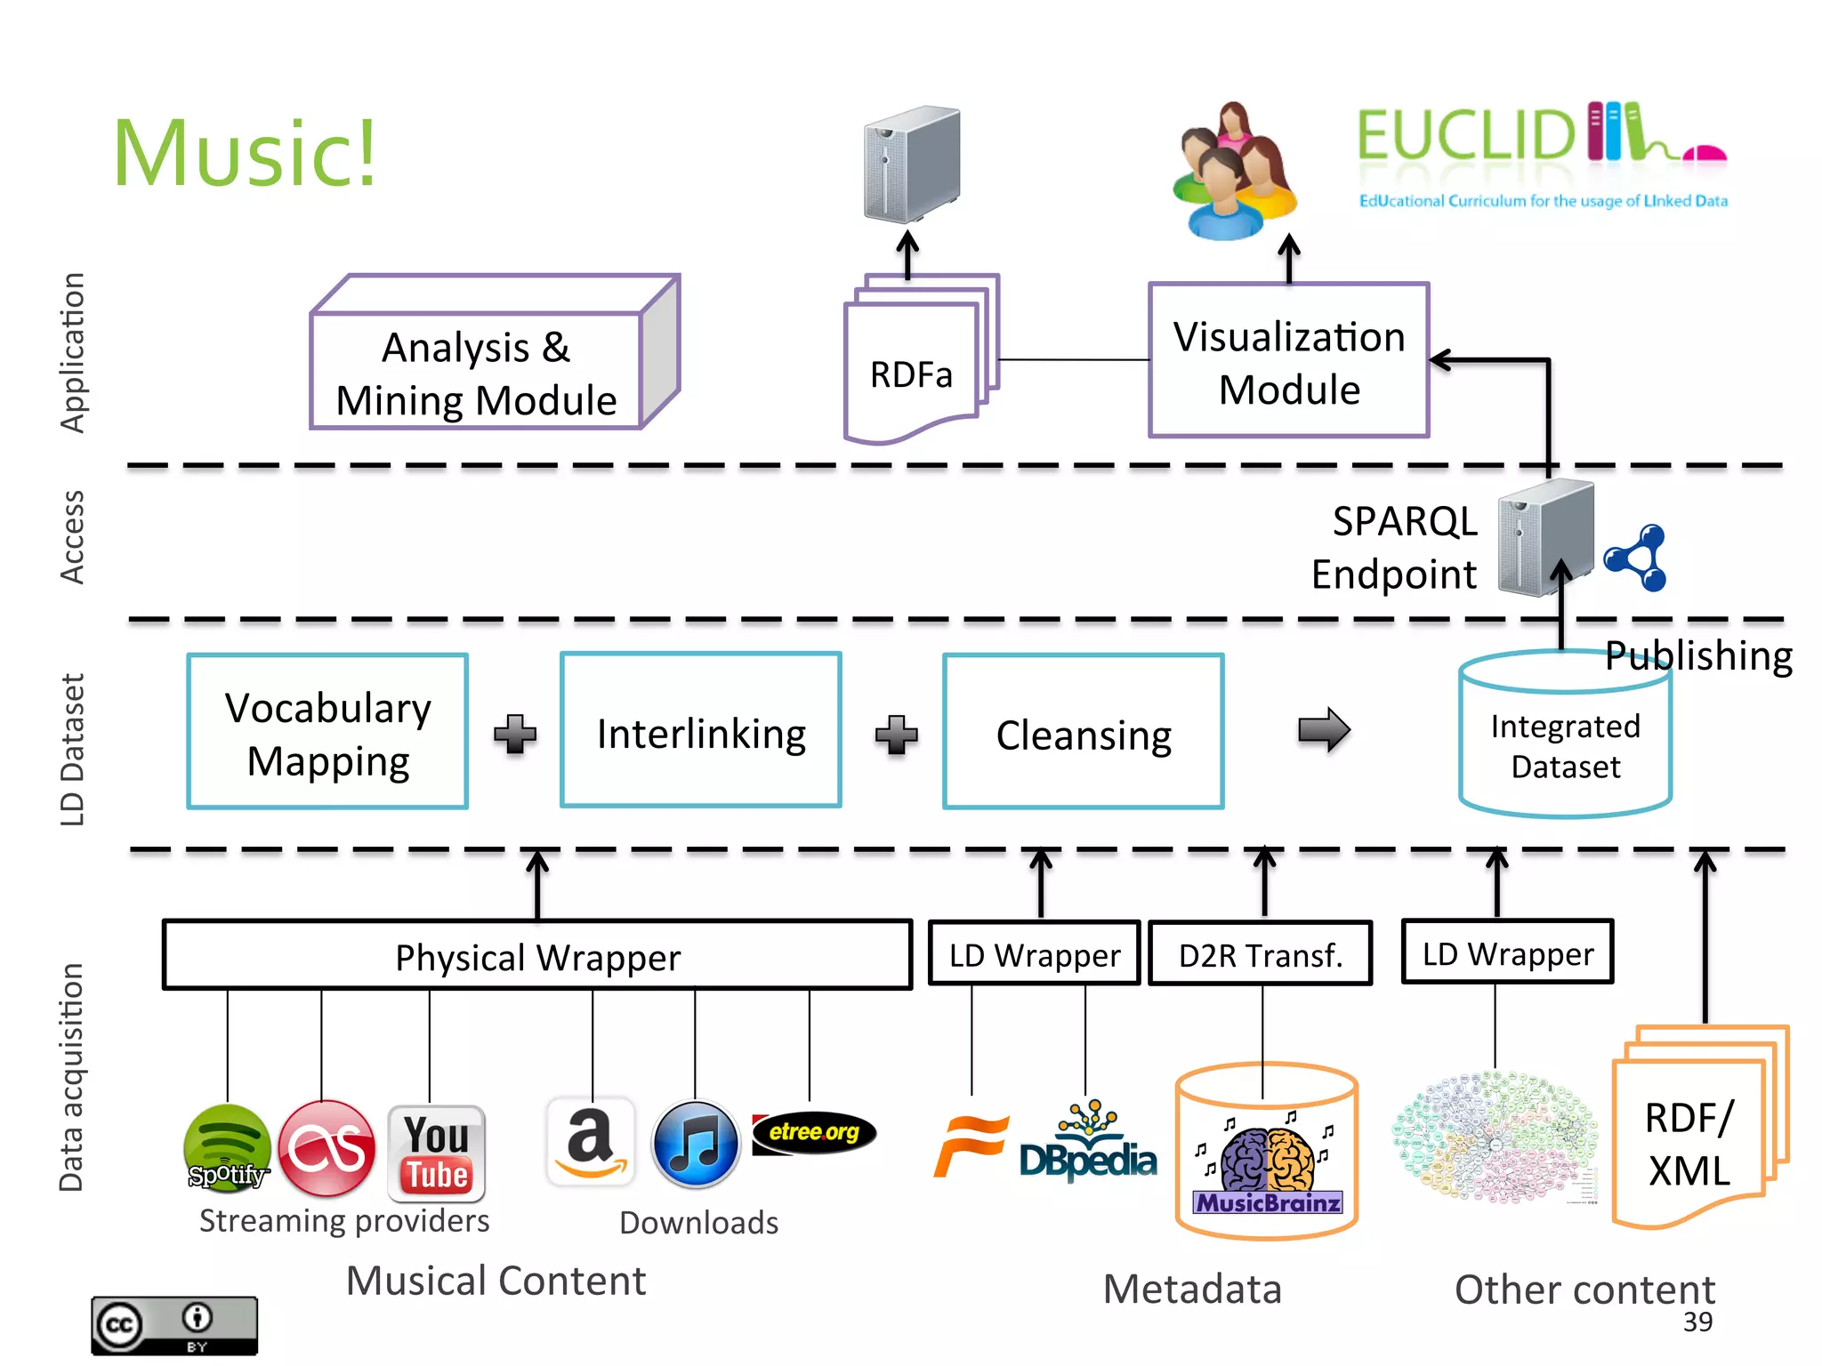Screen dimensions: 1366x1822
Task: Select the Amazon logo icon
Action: (591, 1143)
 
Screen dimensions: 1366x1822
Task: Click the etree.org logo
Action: (814, 1133)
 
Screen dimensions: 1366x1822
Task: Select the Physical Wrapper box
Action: (537, 955)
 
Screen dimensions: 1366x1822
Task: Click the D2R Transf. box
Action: (1260, 954)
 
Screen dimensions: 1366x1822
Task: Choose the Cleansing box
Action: (1083, 732)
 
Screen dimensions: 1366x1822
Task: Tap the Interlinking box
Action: (700, 731)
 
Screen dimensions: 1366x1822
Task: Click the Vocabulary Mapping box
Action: (327, 732)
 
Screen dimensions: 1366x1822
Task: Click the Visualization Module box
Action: (1288, 361)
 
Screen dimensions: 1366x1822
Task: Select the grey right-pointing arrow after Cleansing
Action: (1324, 730)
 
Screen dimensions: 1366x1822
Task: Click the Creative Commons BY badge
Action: (174, 1325)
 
